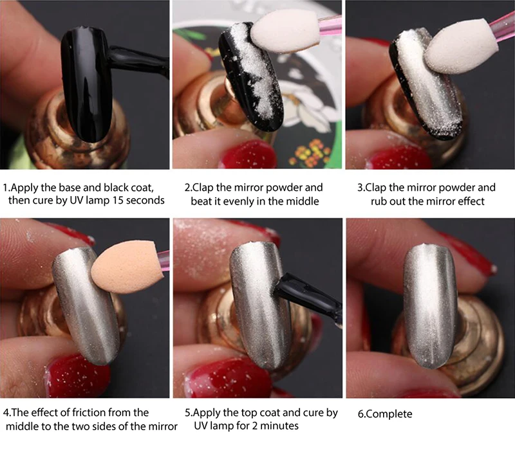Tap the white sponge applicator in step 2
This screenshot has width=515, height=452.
pyautogui.click(x=286, y=31)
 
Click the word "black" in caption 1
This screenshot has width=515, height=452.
pyautogui.click(x=117, y=188)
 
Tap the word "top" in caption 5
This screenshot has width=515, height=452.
pyautogui.click(x=250, y=413)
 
